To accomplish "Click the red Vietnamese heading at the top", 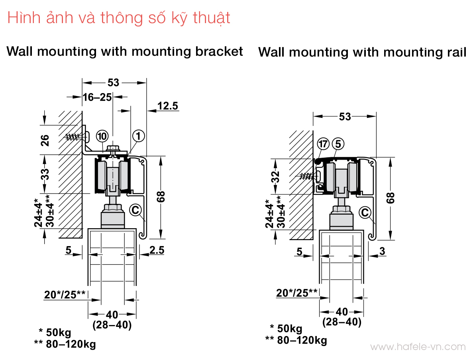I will [x=119, y=18].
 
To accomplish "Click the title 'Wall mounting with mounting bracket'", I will [x=125, y=51].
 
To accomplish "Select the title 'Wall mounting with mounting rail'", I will [x=362, y=52].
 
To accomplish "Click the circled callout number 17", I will [x=323, y=144].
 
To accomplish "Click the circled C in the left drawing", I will [x=136, y=209].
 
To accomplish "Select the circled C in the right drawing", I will [x=365, y=213].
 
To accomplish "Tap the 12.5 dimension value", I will [x=168, y=106].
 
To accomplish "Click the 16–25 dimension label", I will [x=97, y=97].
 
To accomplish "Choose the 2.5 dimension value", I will [x=157, y=250].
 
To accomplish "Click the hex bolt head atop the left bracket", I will [x=114, y=149].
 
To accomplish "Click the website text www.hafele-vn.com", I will [x=418, y=347].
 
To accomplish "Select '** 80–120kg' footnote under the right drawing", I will [x=296, y=340].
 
